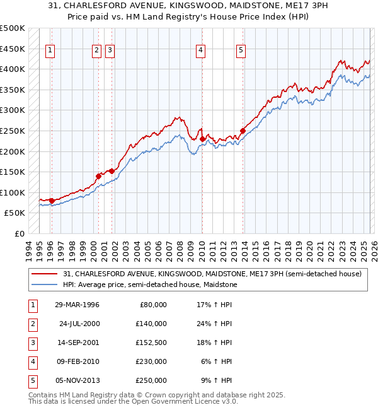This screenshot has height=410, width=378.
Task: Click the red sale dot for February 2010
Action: (202, 138)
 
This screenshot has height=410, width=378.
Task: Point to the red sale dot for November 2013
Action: (243, 131)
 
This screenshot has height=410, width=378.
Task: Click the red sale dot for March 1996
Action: (52, 201)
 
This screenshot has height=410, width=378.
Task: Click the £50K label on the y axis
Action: (15, 213)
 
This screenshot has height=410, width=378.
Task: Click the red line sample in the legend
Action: (45, 274)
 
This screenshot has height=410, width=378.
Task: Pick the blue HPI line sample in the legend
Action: (45, 284)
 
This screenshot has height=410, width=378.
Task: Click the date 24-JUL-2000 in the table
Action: (79, 324)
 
